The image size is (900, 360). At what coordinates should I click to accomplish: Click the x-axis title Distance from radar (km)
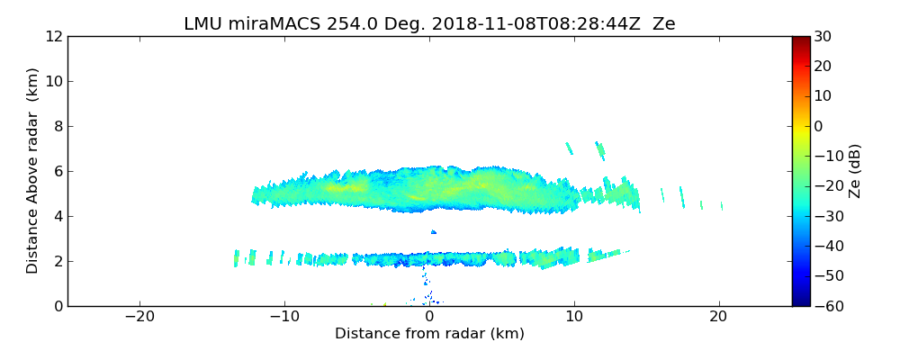click(x=429, y=334)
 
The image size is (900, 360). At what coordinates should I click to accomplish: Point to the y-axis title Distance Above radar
click(x=33, y=171)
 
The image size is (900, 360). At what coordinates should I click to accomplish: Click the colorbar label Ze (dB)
click(x=854, y=171)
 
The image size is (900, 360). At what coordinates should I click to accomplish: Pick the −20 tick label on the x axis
click(x=139, y=317)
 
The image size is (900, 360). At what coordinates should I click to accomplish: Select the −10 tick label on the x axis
click(x=284, y=317)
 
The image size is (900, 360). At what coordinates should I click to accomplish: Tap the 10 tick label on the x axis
click(x=574, y=317)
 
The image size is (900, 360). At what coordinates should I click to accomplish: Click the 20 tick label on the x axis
click(x=718, y=317)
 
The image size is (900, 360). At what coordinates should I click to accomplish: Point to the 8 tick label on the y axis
click(x=57, y=127)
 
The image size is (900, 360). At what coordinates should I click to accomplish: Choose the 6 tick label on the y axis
click(x=57, y=172)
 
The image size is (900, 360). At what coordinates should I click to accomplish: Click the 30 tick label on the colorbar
click(x=823, y=37)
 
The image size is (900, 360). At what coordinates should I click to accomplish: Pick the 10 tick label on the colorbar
click(x=823, y=96)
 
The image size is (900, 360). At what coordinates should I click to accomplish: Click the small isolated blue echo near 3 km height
click(x=434, y=232)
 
